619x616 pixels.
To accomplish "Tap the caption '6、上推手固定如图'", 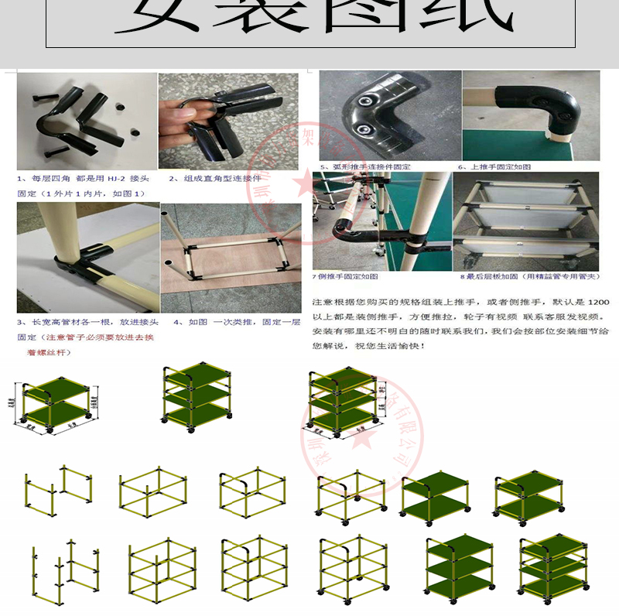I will coord(494,166).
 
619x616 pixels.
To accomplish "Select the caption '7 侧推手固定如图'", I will coord(345,276).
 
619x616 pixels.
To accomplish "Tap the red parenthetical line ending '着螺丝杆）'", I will coord(43,352).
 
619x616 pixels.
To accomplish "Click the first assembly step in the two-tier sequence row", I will coord(57,495).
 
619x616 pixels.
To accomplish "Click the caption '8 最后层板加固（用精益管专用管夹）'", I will coord(529,276).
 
